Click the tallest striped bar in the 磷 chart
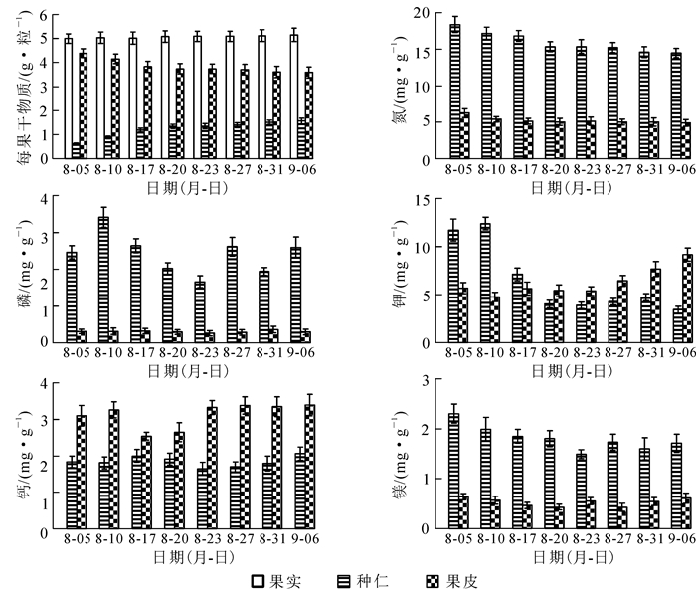(102, 280)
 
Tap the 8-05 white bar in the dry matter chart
(69, 99)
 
